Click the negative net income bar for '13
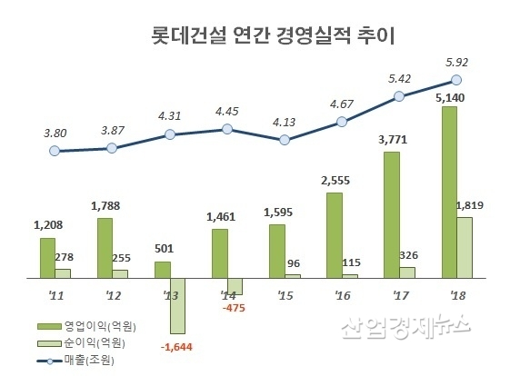pos(176,304)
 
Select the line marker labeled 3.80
pos(55,150)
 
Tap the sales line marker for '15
pos(285,140)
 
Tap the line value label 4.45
pos(226,112)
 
